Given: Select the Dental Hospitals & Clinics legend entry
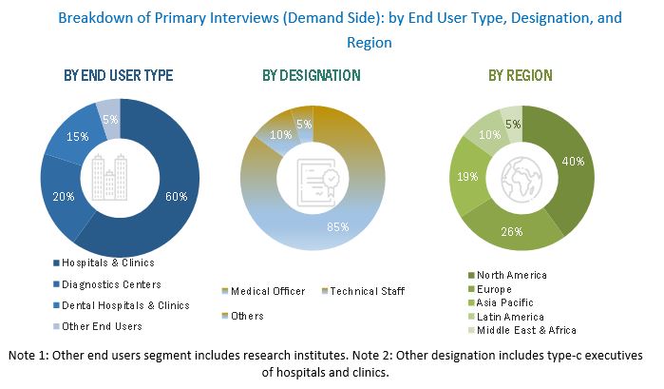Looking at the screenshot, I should (x=123, y=304).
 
